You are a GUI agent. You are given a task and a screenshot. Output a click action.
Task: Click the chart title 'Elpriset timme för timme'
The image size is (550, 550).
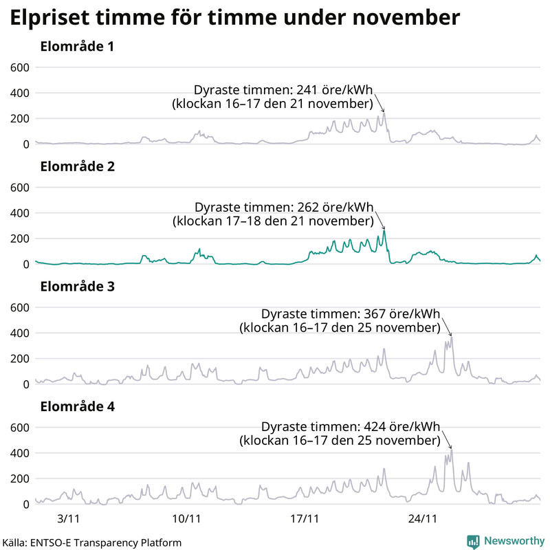(x=234, y=19)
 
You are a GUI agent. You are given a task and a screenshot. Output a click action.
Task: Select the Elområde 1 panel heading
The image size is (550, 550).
(x=77, y=47)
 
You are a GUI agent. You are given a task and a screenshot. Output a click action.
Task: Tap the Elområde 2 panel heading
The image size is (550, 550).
(x=77, y=167)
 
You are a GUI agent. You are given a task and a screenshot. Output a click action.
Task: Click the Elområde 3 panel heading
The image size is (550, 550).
(x=77, y=287)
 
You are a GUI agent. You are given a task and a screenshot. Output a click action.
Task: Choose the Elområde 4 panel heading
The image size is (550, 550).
(x=77, y=407)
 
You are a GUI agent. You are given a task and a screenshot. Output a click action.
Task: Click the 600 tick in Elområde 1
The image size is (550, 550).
(x=19, y=67)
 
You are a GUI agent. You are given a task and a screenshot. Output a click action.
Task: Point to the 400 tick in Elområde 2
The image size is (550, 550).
(x=19, y=213)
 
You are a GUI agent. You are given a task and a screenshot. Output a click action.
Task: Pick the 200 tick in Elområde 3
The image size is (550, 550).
(x=19, y=359)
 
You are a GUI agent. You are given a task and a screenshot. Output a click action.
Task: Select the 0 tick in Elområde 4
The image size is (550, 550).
(x=25, y=505)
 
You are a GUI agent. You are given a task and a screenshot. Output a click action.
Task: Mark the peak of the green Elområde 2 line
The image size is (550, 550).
(x=385, y=230)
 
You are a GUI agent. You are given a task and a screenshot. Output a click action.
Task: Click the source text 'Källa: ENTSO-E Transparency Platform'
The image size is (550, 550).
(x=91, y=542)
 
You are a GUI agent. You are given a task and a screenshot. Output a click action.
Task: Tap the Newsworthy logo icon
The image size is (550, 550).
(x=474, y=542)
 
